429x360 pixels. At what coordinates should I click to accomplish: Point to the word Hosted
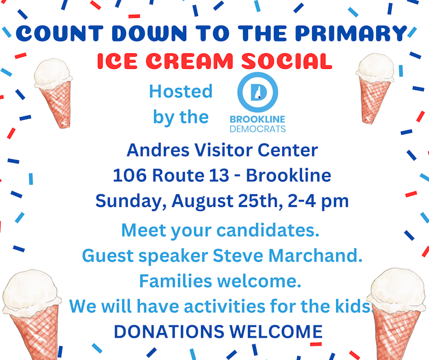pyautogui.click(x=180, y=91)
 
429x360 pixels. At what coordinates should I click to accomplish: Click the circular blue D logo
pyautogui.click(x=257, y=92)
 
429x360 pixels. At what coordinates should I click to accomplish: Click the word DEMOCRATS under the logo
pyautogui.click(x=257, y=129)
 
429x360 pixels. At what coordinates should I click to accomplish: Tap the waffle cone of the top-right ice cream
pyautogui.click(x=375, y=100)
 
